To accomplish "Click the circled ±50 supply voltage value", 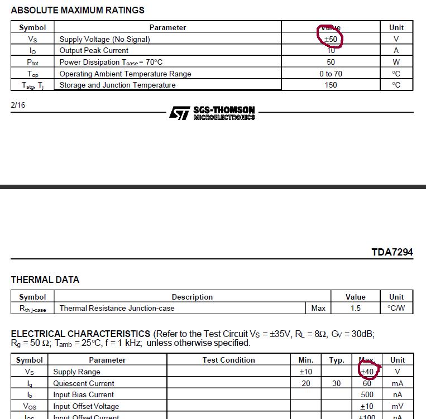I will point(331,39).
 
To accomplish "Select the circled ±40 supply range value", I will point(367,372).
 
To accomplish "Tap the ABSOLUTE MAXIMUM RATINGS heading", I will point(78,10).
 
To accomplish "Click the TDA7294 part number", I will point(392,252).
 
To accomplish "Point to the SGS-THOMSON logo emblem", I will point(179,113).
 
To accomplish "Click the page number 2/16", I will point(18,104).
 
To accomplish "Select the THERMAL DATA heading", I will point(45,280).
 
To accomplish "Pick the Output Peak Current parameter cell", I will point(94,50).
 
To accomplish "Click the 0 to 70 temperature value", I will point(331,74).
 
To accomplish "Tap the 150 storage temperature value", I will point(331,85).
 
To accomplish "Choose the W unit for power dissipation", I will point(396,62).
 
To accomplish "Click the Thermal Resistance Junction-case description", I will point(117,308).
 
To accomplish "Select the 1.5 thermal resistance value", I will point(356,308).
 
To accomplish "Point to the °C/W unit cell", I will point(396,308).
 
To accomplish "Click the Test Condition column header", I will point(228,360).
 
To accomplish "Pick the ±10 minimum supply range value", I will point(305,372).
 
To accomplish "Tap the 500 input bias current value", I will point(367,394).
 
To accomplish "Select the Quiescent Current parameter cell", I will point(84,383).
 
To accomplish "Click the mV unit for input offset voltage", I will point(398,406).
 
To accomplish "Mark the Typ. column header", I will point(337,360).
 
